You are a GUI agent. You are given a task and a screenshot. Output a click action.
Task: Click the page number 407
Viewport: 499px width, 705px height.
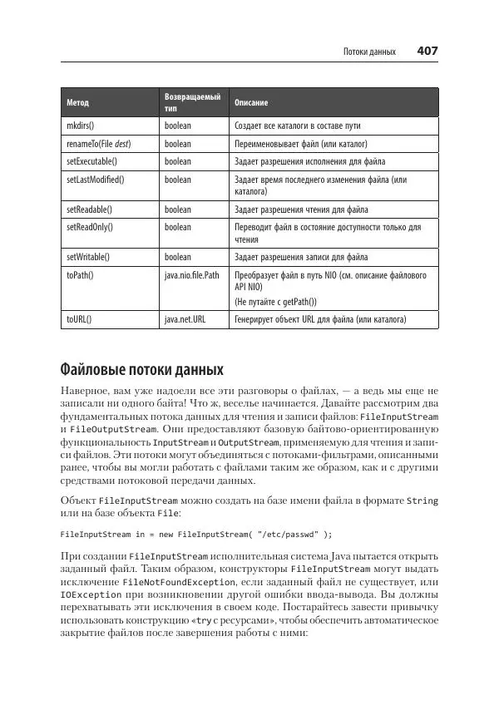427,52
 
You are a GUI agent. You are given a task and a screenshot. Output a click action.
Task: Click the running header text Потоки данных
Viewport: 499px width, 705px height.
370,52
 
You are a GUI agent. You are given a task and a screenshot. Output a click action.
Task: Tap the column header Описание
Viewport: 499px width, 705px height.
251,103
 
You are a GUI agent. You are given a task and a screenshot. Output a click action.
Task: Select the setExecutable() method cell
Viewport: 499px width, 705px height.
91,160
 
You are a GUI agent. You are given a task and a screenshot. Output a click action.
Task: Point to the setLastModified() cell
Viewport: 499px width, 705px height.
95,179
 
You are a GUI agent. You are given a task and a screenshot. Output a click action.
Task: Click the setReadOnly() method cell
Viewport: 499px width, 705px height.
90,226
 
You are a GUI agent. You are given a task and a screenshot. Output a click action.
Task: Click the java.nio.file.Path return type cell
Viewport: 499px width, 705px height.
192,274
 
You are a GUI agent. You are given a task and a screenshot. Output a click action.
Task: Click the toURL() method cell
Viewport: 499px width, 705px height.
79,318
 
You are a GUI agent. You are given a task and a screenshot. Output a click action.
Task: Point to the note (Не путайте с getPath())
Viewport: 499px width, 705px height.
277,301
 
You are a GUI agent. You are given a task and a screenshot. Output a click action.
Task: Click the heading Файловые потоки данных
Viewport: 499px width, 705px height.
142,368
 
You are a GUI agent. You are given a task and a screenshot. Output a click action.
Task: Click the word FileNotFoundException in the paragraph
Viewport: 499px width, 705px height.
179,583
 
